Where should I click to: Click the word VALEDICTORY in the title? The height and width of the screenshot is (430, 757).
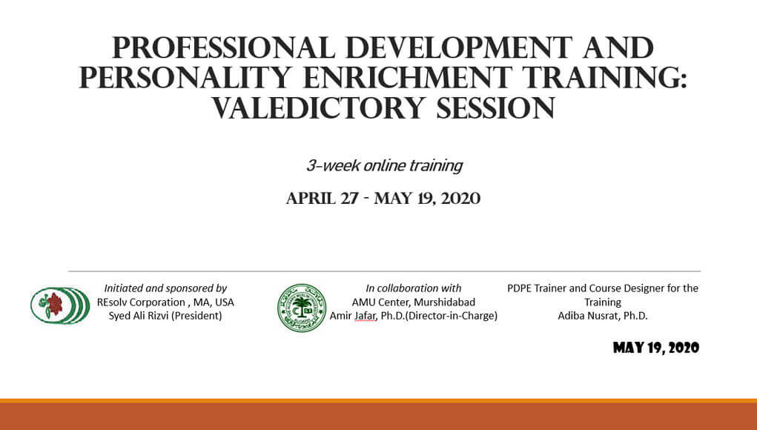coord(317,107)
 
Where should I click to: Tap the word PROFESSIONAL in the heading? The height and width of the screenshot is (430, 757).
coord(223,48)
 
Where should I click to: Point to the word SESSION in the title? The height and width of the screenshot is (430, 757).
coord(496,107)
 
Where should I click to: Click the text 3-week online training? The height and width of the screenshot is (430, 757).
coord(384,165)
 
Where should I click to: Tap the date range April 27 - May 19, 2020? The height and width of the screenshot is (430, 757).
coord(383,199)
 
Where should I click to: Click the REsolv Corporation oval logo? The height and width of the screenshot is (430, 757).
coord(60,305)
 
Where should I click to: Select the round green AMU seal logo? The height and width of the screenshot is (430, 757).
coord(302,308)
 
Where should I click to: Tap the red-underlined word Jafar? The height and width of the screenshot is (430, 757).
coord(365,316)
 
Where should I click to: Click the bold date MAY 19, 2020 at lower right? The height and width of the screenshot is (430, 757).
coord(655,348)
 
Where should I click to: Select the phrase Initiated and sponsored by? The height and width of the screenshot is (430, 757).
coord(165,288)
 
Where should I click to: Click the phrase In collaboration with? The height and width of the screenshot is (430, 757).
coord(413,288)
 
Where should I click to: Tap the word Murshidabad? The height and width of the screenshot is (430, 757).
coord(444,302)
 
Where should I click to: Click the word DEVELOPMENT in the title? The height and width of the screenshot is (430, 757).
coord(459,48)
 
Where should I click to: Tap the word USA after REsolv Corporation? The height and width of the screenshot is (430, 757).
coord(224,302)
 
